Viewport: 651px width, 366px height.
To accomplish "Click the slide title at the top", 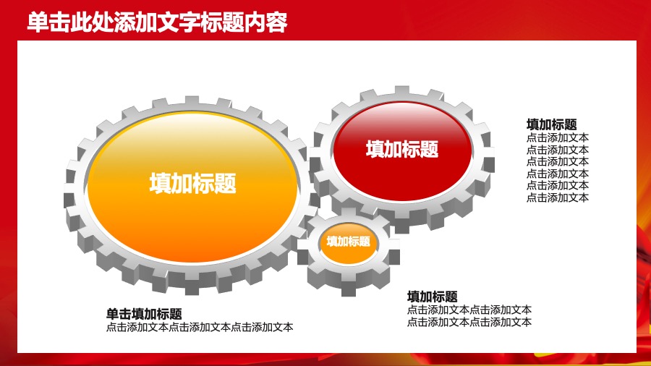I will [x=157, y=22].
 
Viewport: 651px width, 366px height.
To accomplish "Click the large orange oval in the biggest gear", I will [x=192, y=217].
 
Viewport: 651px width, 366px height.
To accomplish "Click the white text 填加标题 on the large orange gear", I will [x=192, y=184].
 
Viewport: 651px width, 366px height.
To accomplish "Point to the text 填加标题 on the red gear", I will [x=402, y=149].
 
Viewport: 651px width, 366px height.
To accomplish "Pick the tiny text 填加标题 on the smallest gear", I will [x=349, y=242].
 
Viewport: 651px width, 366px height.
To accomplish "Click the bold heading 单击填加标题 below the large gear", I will [x=144, y=314].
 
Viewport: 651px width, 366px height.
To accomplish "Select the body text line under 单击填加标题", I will [x=199, y=327].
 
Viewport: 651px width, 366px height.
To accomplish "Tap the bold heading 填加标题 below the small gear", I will [x=433, y=296].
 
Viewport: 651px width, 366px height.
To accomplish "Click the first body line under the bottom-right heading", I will [x=469, y=310].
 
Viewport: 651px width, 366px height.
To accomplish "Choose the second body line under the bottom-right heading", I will [x=469, y=322].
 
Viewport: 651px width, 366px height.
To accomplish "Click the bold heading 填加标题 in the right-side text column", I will [x=552, y=124].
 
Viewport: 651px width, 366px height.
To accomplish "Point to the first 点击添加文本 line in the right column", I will [x=558, y=137].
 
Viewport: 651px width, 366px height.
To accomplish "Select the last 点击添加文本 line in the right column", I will [x=558, y=197].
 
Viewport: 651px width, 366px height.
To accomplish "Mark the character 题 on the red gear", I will [x=430, y=149].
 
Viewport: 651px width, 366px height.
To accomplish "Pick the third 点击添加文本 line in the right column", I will [x=558, y=161].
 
